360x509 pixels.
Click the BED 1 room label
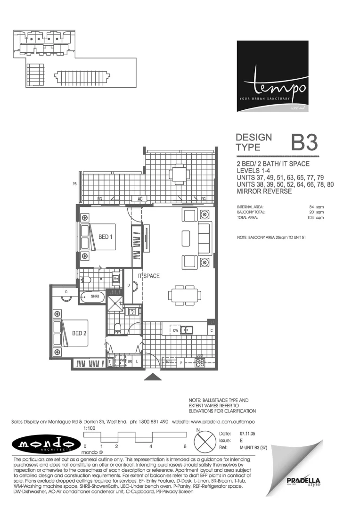(x=105, y=237)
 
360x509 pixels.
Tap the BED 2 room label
(x=79, y=333)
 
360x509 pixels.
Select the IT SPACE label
(x=148, y=276)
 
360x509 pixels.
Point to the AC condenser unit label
(x=140, y=199)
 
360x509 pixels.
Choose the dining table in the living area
(x=185, y=296)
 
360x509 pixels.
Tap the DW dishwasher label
(x=175, y=330)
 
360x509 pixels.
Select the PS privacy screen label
(x=74, y=184)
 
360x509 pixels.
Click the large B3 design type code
(x=304, y=142)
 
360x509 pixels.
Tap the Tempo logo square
(x=272, y=76)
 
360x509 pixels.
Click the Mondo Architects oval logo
(x=46, y=444)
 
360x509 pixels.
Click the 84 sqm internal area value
(x=317, y=207)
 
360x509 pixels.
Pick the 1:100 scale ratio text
(x=90, y=428)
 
